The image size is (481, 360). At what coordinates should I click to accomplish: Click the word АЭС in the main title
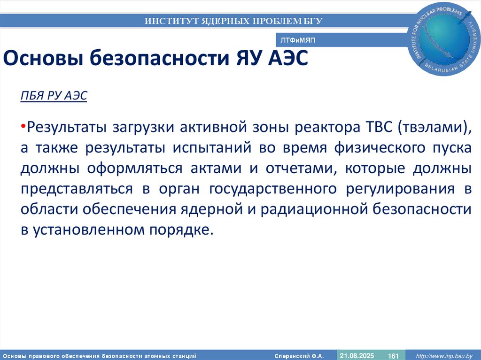(287, 60)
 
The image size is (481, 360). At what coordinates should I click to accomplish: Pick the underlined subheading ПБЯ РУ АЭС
(54, 96)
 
